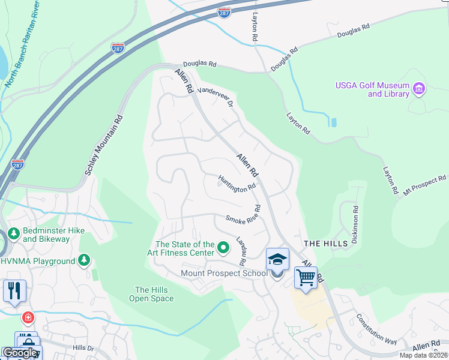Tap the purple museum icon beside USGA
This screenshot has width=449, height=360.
(x=419, y=90)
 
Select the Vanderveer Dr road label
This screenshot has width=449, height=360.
(x=215, y=95)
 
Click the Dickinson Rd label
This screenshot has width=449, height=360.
(x=355, y=224)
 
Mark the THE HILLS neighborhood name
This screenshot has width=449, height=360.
(x=325, y=243)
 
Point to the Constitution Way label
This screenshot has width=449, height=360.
(x=376, y=330)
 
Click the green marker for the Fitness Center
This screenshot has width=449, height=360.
(x=223, y=247)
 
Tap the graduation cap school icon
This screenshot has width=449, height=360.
(x=277, y=259)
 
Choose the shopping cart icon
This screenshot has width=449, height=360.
(x=306, y=278)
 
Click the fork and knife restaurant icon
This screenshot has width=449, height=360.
(x=14, y=290)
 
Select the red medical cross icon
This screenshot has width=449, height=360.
(x=27, y=317)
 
